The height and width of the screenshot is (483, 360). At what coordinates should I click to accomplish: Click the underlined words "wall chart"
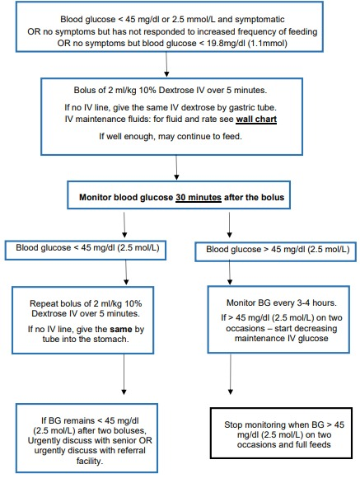click(256, 120)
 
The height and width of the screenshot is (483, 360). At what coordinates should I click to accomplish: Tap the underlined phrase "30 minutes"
click(199, 197)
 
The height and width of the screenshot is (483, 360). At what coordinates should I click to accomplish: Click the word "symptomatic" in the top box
click(259, 19)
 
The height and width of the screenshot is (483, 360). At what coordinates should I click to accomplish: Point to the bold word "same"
click(121, 330)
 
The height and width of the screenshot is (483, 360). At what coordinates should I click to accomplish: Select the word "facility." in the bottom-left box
click(89, 461)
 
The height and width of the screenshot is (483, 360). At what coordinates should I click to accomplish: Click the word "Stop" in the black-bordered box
click(233, 424)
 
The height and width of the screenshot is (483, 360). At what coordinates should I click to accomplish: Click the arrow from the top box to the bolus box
click(166, 64)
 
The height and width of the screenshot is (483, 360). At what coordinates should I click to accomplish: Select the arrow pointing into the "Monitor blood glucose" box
click(176, 167)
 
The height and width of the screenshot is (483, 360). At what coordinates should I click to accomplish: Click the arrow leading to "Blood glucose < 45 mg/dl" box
click(124, 224)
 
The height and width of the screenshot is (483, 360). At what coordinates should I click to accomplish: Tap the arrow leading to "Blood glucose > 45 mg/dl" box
click(229, 224)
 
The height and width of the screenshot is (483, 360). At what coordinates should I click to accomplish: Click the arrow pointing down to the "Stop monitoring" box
click(231, 374)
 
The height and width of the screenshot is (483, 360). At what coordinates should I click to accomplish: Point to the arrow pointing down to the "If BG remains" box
click(124, 374)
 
